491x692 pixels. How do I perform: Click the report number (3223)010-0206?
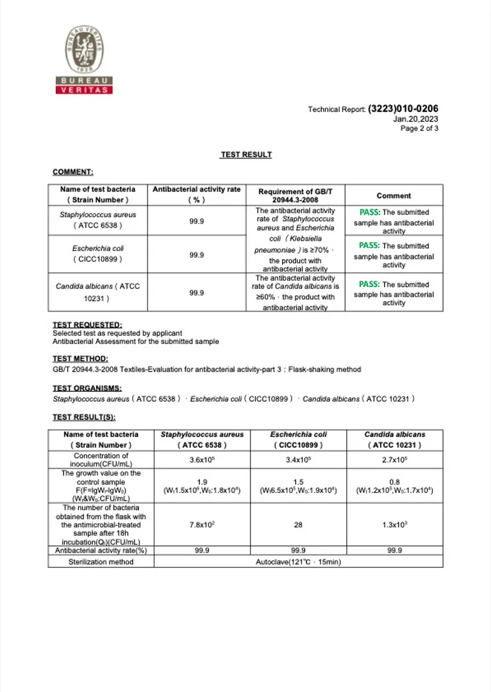coord(403,109)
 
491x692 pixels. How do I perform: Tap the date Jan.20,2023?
coord(415,119)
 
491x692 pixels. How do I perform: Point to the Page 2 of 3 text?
coord(419,128)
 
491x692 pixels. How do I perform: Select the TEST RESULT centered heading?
coord(246,155)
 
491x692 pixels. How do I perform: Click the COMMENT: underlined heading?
coord(73,172)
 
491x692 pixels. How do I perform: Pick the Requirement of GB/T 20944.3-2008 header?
coord(295,195)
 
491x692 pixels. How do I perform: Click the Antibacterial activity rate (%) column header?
coord(196,195)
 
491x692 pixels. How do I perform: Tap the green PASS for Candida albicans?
coord(369,284)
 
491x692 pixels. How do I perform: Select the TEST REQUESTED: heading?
coord(87,325)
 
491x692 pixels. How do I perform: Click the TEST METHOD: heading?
coord(80,359)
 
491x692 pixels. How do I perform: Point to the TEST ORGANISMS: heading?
coord(87,388)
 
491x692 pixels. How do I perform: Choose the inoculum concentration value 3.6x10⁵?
coord(202,459)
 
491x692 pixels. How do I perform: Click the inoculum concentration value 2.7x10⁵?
coord(394,459)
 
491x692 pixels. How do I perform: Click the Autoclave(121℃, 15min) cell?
coord(298,561)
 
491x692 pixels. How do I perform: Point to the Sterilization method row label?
coord(101,561)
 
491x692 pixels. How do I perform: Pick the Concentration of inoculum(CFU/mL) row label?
coord(101,459)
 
